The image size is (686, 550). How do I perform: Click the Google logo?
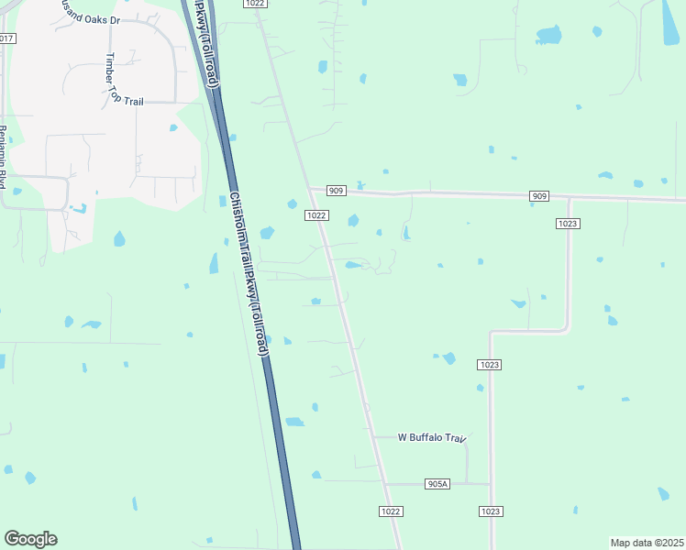pyautogui.click(x=30, y=539)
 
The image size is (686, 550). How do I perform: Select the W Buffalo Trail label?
pyautogui.click(x=432, y=437)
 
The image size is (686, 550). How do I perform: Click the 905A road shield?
pyautogui.click(x=437, y=484)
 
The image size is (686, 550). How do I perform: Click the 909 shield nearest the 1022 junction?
pyautogui.click(x=336, y=191)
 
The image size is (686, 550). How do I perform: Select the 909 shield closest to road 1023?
pyautogui.click(x=539, y=196)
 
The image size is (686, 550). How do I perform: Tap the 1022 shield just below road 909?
pyautogui.click(x=315, y=215)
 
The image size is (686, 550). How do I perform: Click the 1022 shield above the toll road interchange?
pyautogui.click(x=256, y=4)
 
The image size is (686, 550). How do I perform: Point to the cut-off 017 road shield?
pyautogui.click(x=6, y=38)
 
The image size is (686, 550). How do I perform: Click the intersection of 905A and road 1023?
pyautogui.click(x=491, y=484)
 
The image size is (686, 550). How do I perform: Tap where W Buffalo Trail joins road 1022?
pyautogui.click(x=373, y=437)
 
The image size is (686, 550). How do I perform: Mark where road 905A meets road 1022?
pyautogui.click(x=384, y=483)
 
